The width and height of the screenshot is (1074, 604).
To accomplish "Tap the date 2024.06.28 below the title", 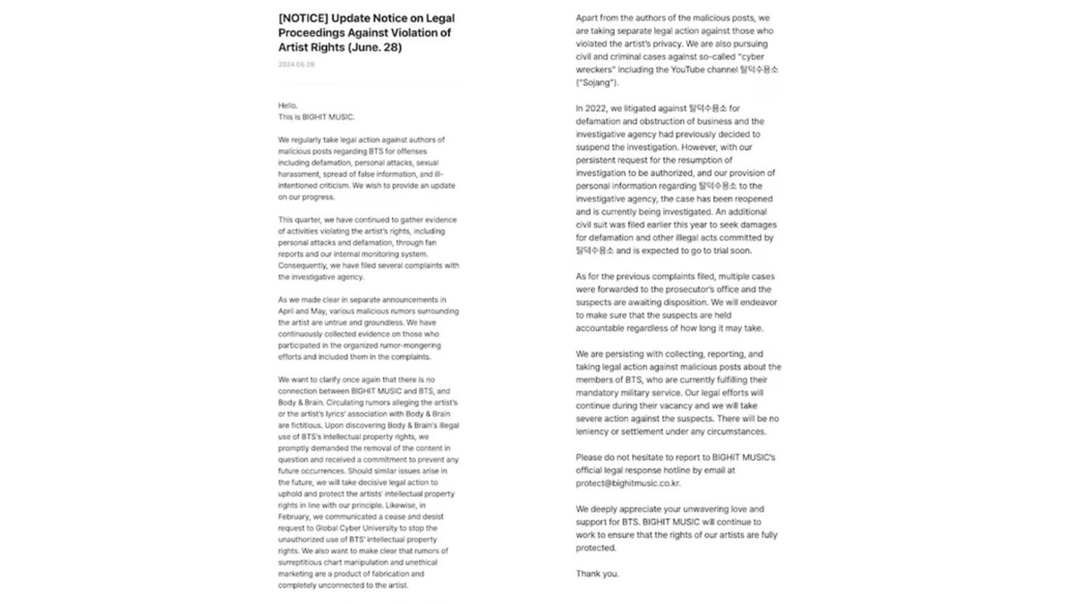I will coord(296,64).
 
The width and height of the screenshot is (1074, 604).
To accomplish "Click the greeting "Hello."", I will coord(287,106).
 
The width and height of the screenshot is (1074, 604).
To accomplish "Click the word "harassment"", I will coord(298,174).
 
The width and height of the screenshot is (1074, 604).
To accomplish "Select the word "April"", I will coord(287,311).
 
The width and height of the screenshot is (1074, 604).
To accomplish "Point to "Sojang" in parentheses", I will coord(598,82).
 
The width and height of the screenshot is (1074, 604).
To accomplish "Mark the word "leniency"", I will coord(596,431).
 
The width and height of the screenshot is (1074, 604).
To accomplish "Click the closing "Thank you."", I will coord(597,574).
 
